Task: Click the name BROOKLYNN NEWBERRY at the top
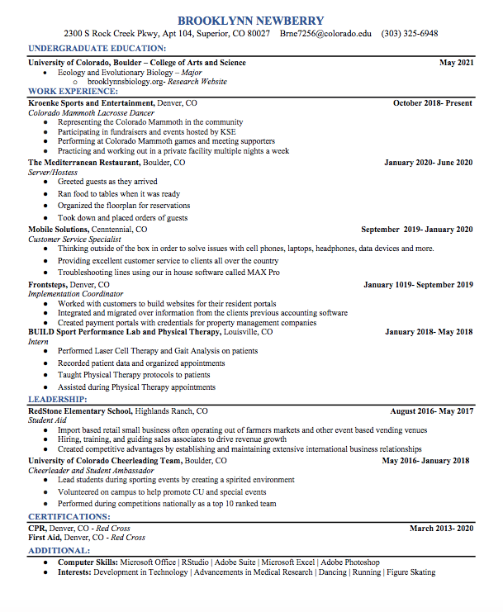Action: tap(251, 20)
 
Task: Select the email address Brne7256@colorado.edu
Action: tap(325, 34)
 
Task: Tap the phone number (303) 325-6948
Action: tap(410, 34)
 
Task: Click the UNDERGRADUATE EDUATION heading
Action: tap(97, 49)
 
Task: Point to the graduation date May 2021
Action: tap(456, 63)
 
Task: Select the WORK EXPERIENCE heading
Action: tap(73, 91)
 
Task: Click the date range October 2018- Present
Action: tap(432, 103)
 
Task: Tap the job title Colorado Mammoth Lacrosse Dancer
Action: tap(91, 113)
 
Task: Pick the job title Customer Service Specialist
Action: tap(74, 240)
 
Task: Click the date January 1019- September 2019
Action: tap(418, 285)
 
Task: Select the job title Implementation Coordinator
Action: tap(75, 294)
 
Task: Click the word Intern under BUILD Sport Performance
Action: tap(38, 341)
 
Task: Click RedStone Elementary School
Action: tap(80, 410)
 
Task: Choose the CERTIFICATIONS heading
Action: tap(69, 517)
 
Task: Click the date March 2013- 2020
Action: tap(441, 528)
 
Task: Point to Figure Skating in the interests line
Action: tap(410, 572)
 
